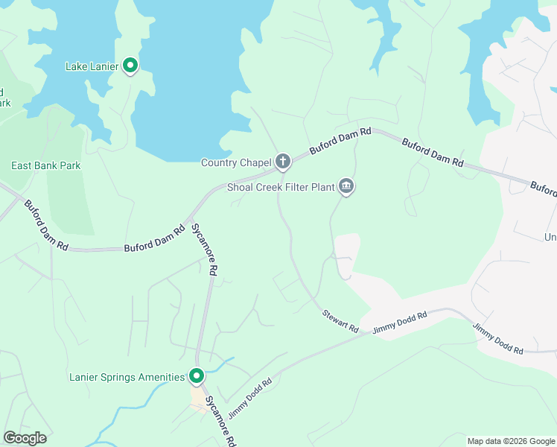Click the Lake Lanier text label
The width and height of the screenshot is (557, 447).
[92, 67]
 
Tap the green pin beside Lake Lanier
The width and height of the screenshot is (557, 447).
[130, 66]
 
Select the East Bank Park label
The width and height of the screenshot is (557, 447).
[45, 165]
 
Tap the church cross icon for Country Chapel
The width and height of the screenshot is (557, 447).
[283, 161]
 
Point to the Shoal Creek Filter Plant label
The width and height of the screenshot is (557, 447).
[280, 187]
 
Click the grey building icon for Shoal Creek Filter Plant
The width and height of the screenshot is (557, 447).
[346, 186]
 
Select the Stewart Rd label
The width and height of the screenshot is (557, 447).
[340, 323]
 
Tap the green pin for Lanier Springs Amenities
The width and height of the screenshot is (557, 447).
[197, 376]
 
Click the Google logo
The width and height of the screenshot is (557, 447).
[25, 438]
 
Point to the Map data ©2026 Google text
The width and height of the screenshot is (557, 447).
[510, 441]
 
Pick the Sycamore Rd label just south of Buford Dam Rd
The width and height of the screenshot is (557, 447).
[203, 249]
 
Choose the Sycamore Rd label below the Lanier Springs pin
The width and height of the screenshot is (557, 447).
[220, 418]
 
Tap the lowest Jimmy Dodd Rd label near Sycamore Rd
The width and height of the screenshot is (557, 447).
[249, 398]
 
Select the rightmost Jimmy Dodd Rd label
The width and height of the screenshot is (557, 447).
[498, 338]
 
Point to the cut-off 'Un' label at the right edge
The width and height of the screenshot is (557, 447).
[550, 237]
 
